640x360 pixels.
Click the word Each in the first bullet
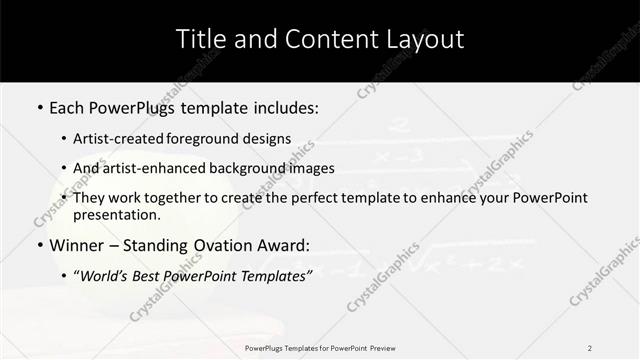68,105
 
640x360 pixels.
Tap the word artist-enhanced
148,168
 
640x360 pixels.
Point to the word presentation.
116,214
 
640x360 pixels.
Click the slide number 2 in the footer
589,347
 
